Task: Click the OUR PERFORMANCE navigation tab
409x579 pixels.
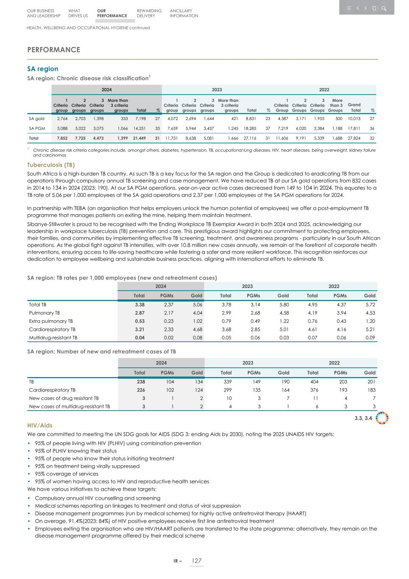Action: click(111, 13)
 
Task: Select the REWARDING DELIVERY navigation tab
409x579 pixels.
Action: click(149, 13)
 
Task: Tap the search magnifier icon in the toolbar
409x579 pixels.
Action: click(384, 8)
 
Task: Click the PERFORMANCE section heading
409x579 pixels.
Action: click(53, 50)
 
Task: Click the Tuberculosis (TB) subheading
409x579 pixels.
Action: click(51, 165)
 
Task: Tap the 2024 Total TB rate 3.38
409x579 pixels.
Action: click(139, 305)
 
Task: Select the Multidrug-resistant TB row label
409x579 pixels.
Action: click(53, 338)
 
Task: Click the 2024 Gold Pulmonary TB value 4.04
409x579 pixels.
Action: click(197, 313)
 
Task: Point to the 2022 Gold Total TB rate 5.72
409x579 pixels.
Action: click(370, 305)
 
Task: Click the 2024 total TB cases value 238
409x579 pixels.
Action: click(139, 381)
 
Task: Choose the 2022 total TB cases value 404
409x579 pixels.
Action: click(313, 381)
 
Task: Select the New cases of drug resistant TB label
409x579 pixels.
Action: click(64, 398)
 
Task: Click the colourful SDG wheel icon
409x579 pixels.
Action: click(382, 418)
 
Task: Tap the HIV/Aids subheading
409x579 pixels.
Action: click(40, 425)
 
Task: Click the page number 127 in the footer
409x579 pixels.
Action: click(196, 561)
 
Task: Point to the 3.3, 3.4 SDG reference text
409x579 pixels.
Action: click(363, 419)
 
